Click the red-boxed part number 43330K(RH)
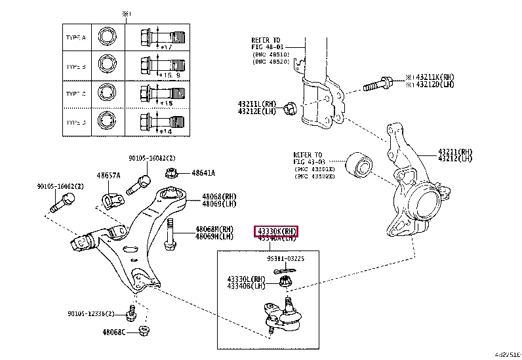276,231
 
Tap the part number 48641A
203,173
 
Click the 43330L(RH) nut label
246,279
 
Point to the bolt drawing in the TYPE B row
156,66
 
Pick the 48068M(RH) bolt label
214,229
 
